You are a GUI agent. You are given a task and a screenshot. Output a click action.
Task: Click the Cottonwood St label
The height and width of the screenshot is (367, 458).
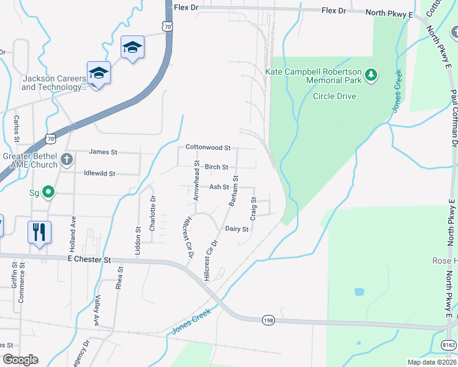point(208,148)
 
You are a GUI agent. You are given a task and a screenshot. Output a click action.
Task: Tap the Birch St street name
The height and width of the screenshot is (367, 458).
point(216,167)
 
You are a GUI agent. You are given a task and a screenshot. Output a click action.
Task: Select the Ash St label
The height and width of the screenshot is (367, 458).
point(219,187)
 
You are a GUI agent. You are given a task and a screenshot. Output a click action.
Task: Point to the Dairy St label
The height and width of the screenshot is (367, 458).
point(236,229)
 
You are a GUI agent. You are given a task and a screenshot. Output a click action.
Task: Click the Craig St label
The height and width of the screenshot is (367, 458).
point(253,209)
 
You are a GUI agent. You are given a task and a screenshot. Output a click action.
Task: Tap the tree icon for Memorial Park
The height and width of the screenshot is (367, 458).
point(370,75)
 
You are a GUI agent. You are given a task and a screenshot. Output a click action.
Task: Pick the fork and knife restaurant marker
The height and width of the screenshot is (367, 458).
point(39,232)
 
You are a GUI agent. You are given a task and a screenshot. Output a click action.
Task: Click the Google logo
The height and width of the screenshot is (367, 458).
point(21,360)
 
